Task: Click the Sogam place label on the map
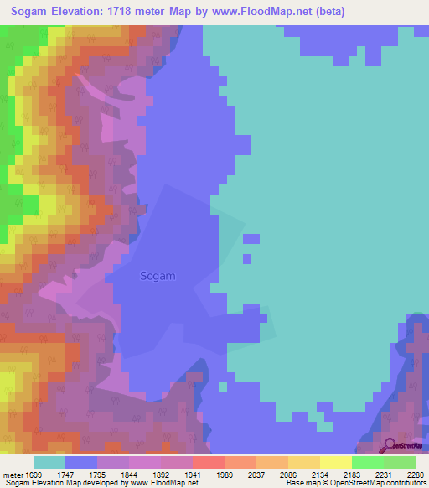point(158,276)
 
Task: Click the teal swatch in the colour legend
point(49,462)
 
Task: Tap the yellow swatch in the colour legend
point(335,462)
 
